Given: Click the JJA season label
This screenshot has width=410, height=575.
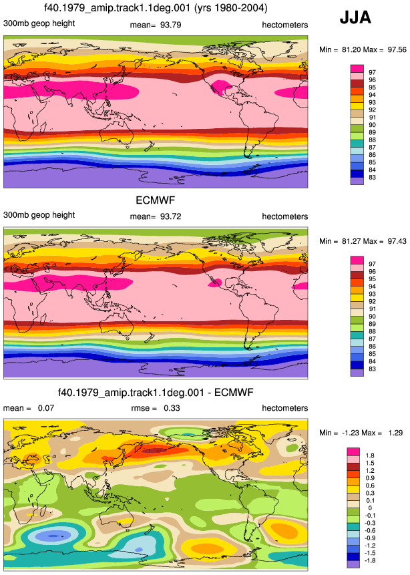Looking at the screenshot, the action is click(x=355, y=17).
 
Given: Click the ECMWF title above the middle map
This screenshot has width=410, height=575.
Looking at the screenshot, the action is click(x=156, y=200).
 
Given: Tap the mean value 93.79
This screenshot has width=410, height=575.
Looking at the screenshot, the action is click(x=170, y=25).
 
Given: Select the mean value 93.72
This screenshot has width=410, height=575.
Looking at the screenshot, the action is click(x=170, y=216).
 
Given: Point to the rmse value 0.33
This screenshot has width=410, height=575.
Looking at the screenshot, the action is click(x=172, y=408).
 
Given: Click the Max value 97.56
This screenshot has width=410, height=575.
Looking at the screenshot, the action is click(x=397, y=49).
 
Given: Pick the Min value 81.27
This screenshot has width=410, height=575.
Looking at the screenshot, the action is click(x=351, y=241).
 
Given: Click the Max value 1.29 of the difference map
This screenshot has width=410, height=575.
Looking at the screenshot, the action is click(x=395, y=433).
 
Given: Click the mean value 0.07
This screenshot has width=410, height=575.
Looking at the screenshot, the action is click(x=46, y=408).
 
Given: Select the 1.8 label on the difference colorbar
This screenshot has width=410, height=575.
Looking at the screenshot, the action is click(x=370, y=455).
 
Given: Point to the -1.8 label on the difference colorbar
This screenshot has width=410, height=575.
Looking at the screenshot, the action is click(x=370, y=560).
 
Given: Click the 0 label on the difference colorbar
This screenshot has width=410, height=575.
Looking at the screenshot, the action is click(x=370, y=508).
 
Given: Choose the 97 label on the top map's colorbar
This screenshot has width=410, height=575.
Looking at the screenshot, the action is click(x=372, y=73).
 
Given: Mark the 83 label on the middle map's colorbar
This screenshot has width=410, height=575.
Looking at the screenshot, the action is click(x=372, y=369).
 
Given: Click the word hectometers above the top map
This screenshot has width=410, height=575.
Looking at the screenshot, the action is click(x=285, y=25).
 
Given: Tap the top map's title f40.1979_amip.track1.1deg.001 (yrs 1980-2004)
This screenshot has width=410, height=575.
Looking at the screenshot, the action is click(x=156, y=8).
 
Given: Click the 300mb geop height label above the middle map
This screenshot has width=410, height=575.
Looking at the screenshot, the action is click(x=39, y=215).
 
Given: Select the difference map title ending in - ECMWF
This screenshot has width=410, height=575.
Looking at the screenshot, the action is click(x=156, y=393).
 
